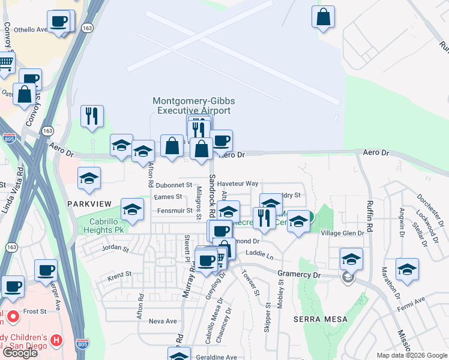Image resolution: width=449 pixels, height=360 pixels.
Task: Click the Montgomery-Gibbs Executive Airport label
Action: pos(191,106)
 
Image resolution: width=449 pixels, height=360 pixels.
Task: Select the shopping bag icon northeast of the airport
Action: pos(323,18)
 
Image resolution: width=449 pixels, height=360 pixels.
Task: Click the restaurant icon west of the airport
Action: pos(92,116)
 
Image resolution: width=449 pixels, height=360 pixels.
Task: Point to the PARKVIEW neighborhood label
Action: pos(89,204)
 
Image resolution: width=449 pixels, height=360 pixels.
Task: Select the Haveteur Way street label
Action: pos(238,183)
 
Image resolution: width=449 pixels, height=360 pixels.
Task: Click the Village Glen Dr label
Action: pos(343,233)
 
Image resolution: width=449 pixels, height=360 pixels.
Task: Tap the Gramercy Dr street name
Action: pos(300,274)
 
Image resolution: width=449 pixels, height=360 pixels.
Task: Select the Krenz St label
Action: pos(119,274)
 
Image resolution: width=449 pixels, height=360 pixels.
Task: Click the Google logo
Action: pos(20,353)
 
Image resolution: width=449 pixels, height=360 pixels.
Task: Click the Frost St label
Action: pos(35,311)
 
